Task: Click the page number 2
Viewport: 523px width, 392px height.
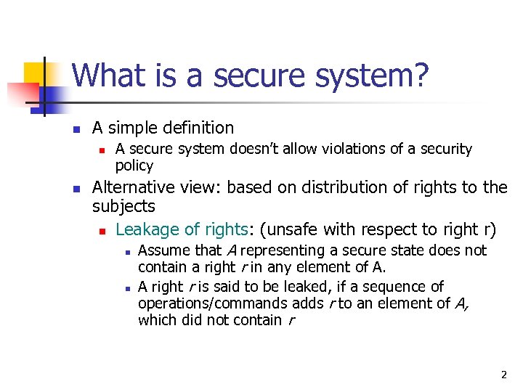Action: (503, 375)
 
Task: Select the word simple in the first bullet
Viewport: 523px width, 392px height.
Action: (139, 128)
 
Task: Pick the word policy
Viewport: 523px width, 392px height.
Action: (134, 165)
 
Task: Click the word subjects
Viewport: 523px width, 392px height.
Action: (123, 207)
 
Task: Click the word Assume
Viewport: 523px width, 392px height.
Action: (163, 251)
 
